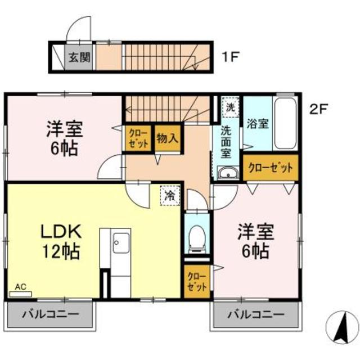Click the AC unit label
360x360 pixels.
coord(20,287)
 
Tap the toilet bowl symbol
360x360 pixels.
coord(196,237)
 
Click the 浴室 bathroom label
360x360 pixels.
coord(257,125)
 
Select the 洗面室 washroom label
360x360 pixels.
coord(226,141)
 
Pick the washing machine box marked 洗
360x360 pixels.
coord(229,105)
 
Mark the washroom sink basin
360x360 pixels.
coord(228,174)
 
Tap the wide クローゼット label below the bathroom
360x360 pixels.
coord(271,168)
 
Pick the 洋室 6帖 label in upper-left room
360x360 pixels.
coord(64,138)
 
